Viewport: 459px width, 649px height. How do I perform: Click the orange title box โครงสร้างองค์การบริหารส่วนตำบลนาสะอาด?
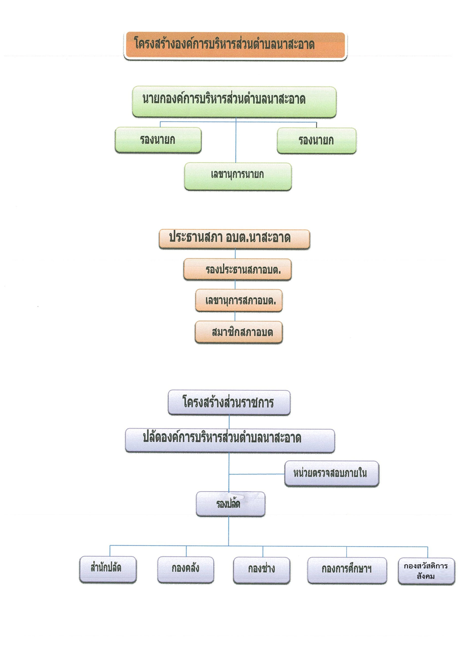tap(235, 46)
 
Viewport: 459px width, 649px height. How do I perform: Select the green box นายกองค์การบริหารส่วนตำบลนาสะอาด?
tap(234, 102)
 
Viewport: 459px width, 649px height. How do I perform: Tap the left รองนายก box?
tap(158, 140)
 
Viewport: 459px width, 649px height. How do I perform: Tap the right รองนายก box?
tap(316, 141)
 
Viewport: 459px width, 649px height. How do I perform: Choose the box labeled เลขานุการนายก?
tap(238, 176)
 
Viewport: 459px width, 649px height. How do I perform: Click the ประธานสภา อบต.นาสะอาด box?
tap(234, 239)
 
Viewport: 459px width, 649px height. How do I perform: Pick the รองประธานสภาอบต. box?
tap(237, 269)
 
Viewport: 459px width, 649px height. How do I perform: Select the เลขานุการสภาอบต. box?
tap(239, 300)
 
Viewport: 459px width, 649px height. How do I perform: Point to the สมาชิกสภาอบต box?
tap(239, 332)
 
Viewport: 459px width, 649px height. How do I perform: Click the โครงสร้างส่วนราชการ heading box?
tap(229, 403)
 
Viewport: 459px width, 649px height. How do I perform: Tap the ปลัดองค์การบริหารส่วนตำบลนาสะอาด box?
tap(230, 441)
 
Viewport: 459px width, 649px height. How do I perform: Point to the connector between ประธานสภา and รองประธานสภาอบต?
tap(235, 254)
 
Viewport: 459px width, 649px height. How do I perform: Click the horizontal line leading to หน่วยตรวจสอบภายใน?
tap(257, 474)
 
